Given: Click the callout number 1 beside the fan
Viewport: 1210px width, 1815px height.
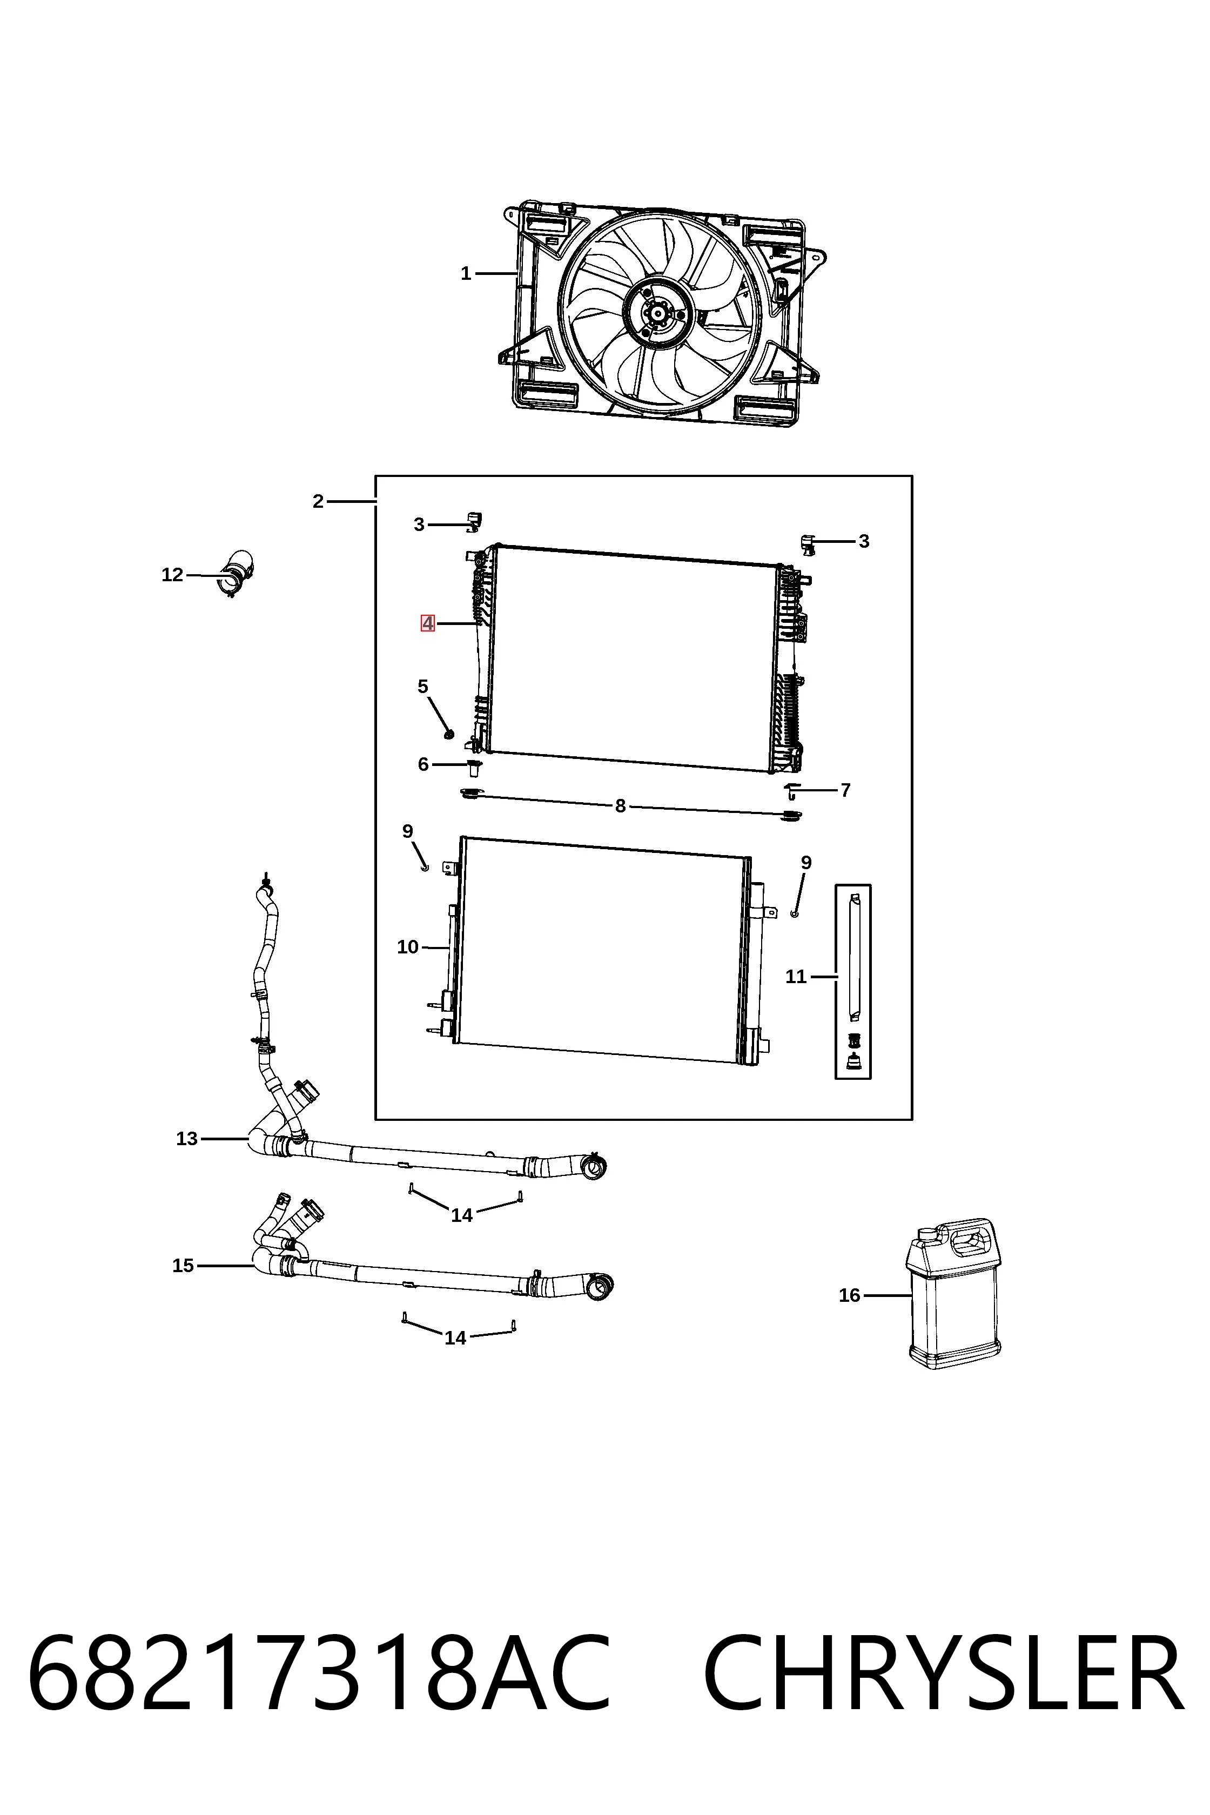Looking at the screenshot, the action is (465, 274).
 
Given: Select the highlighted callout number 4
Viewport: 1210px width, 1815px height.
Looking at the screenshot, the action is (427, 623).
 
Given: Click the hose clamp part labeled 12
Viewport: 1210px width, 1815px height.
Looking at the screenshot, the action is (238, 575).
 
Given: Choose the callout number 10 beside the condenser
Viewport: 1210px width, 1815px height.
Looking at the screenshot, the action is (407, 947).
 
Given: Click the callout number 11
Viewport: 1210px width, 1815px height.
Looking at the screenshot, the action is (796, 977).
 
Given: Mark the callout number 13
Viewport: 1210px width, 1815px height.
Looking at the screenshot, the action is (187, 1139).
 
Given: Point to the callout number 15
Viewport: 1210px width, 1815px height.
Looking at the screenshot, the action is (183, 1266).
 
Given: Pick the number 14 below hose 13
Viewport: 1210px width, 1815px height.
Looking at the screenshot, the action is (461, 1215).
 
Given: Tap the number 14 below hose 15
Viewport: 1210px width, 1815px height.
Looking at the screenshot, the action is (455, 1338).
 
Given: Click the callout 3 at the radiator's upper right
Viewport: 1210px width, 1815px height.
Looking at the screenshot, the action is (864, 542).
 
